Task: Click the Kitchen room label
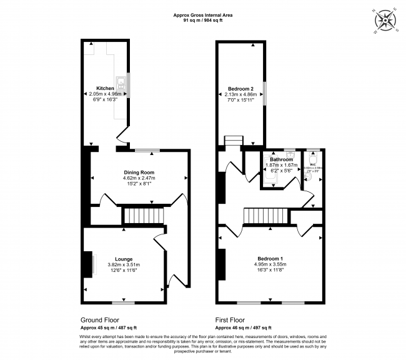(105, 88)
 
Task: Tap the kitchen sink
(120, 82)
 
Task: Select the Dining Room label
(138, 172)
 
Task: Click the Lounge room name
(124, 258)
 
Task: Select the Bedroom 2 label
(240, 88)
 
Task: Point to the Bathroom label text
(282, 159)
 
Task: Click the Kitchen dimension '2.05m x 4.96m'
(105, 94)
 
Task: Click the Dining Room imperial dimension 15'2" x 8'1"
(138, 183)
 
